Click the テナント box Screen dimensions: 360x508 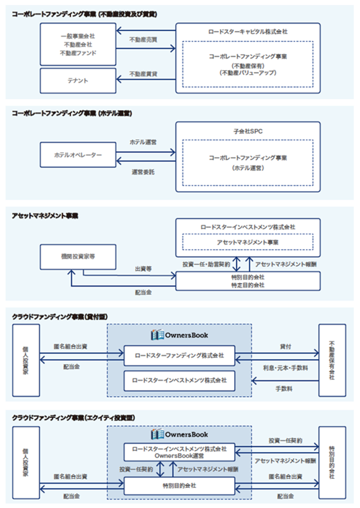(78, 81)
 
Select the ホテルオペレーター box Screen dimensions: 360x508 (78, 155)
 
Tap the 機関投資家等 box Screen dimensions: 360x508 (78, 257)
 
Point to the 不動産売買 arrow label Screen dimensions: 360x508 (144, 40)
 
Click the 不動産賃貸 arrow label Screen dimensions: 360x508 (144, 74)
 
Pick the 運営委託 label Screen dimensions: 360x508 (143, 172)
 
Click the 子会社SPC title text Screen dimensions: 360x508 (248, 131)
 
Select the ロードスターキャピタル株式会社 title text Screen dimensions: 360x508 (248, 32)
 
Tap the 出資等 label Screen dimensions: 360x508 (144, 268)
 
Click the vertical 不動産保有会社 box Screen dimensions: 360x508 (332, 360)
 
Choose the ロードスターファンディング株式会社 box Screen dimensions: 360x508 (179, 355)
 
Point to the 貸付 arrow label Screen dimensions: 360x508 (286, 347)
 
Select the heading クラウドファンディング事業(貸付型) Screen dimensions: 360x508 (60, 317)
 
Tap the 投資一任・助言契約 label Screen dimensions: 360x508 (206, 265)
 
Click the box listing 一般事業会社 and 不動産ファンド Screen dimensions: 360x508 (78, 44)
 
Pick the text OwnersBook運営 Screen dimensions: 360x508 (179, 456)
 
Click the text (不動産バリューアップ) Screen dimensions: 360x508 (248, 73)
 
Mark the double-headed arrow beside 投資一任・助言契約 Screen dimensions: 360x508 (237, 264)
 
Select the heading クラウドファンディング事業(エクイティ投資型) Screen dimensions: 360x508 (74, 417)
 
